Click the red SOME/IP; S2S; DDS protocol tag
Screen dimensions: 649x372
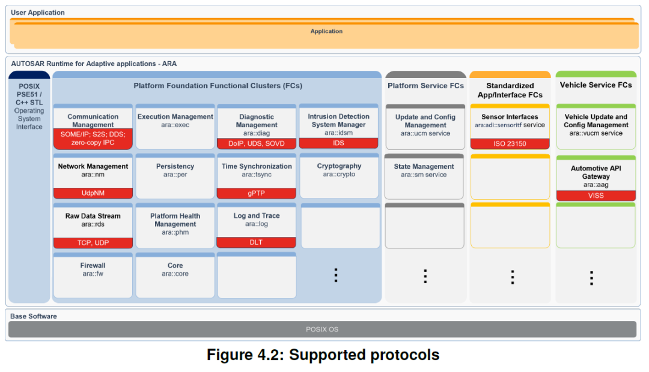point(93,139)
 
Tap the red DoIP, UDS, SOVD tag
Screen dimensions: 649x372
point(257,143)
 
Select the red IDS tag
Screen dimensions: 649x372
point(338,143)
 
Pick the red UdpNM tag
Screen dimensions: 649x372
point(93,193)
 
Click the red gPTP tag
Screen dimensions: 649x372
point(256,193)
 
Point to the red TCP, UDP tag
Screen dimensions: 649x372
point(93,242)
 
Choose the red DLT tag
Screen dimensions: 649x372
point(256,242)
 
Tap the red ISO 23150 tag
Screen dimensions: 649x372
point(510,143)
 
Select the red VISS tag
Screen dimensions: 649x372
point(596,196)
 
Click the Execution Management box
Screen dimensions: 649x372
point(175,127)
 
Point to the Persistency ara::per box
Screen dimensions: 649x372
point(175,176)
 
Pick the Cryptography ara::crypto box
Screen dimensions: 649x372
point(339,176)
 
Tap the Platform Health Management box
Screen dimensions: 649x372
point(175,226)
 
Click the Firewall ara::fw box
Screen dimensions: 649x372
point(93,275)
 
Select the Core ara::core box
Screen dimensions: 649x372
point(175,275)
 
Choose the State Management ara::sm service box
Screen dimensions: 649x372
point(424,176)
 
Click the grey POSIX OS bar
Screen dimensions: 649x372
point(322,329)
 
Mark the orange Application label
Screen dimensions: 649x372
point(326,31)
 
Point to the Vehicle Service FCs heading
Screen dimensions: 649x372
point(596,85)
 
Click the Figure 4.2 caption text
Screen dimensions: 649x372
point(323,355)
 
